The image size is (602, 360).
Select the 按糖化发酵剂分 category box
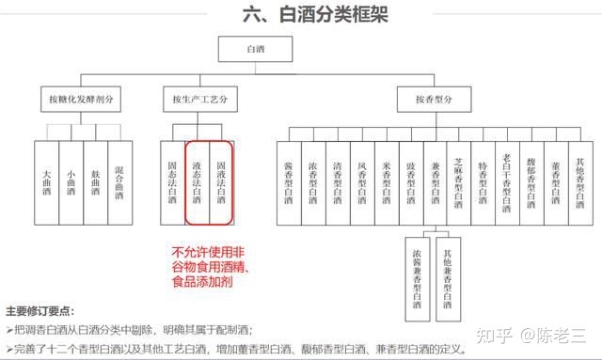tap(81, 98)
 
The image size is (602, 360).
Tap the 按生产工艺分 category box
tap(198, 98)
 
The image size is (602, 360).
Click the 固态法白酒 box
tap(172, 180)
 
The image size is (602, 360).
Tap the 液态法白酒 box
tap(197, 180)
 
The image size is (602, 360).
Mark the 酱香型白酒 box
tap(289, 180)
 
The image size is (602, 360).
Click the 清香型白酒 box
tap(338, 180)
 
